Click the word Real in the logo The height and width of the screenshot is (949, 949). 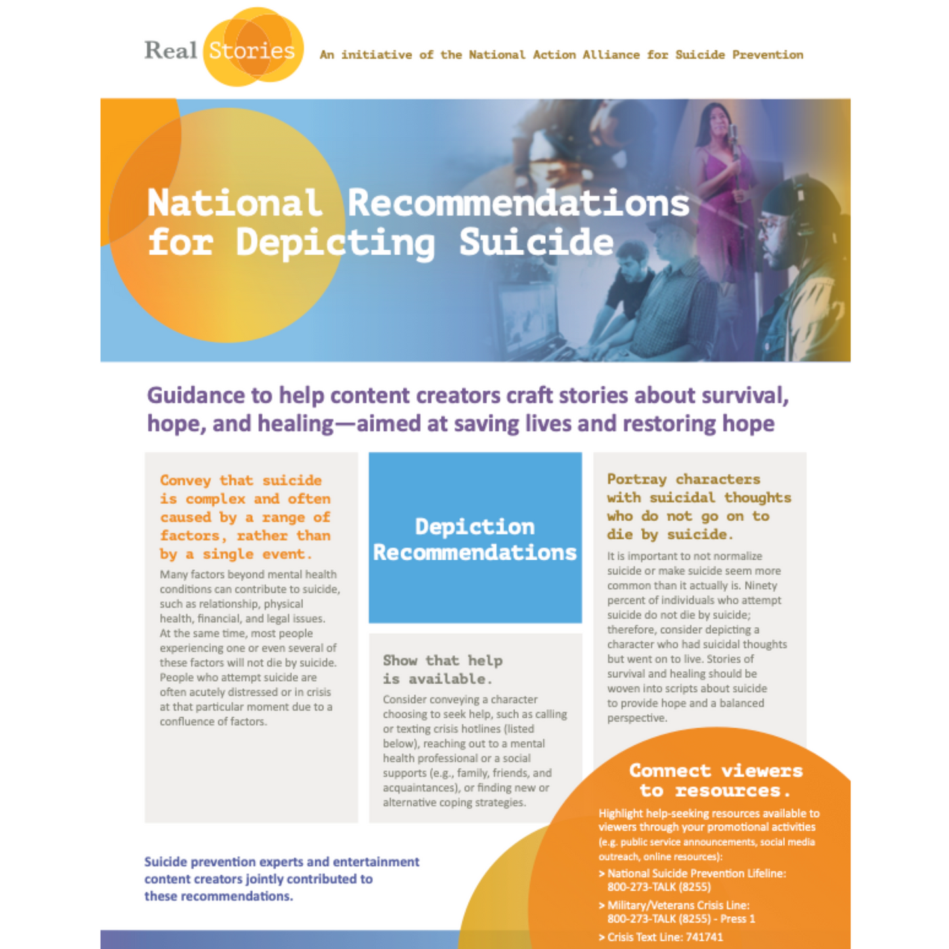tap(170, 51)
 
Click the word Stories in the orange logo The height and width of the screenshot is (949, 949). tap(252, 51)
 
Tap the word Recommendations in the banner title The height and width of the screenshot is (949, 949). tap(518, 203)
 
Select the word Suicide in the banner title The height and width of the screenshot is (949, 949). tap(536, 242)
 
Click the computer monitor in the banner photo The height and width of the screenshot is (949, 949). tap(525, 315)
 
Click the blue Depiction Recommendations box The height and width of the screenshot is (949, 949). tap(475, 538)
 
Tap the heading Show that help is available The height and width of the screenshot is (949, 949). tap(443, 669)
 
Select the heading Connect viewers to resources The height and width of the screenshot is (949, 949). tap(716, 780)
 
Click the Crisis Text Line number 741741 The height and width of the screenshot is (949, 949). tap(704, 937)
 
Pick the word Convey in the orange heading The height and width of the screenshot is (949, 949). tap(185, 481)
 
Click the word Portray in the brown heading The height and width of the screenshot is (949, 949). tap(636, 479)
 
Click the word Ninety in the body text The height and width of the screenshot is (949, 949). tap(761, 585)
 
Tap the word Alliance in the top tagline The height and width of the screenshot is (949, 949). tap(611, 55)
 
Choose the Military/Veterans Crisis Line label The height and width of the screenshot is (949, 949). tap(678, 905)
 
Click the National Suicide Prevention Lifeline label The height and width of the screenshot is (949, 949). tap(696, 873)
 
